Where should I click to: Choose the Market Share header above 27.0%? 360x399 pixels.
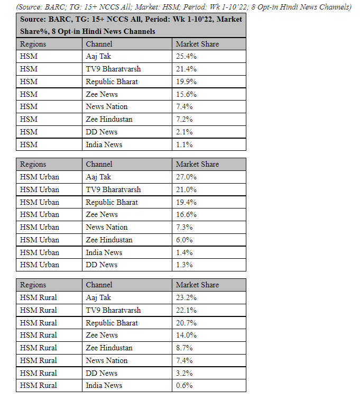click(197, 164)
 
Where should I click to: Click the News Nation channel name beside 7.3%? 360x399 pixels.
click(107, 227)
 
